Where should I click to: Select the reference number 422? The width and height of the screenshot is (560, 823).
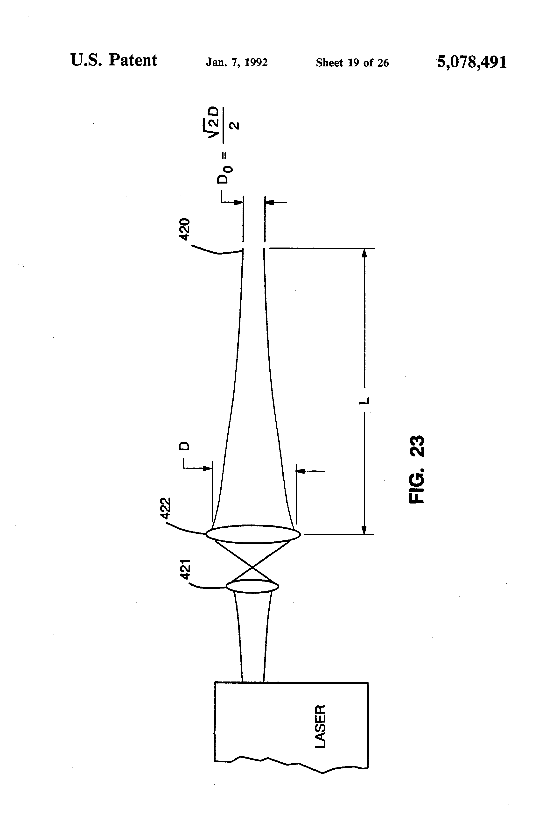(166, 508)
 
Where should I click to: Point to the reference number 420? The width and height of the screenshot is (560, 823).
(185, 229)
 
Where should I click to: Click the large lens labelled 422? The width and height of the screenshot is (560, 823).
(253, 534)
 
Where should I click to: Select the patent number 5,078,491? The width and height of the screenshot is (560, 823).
(472, 62)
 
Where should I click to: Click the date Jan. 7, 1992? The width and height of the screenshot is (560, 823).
(237, 63)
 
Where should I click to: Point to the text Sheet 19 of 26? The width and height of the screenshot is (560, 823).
(352, 63)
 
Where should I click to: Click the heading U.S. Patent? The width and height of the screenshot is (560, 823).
(114, 60)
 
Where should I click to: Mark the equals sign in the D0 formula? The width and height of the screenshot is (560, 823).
(223, 155)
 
